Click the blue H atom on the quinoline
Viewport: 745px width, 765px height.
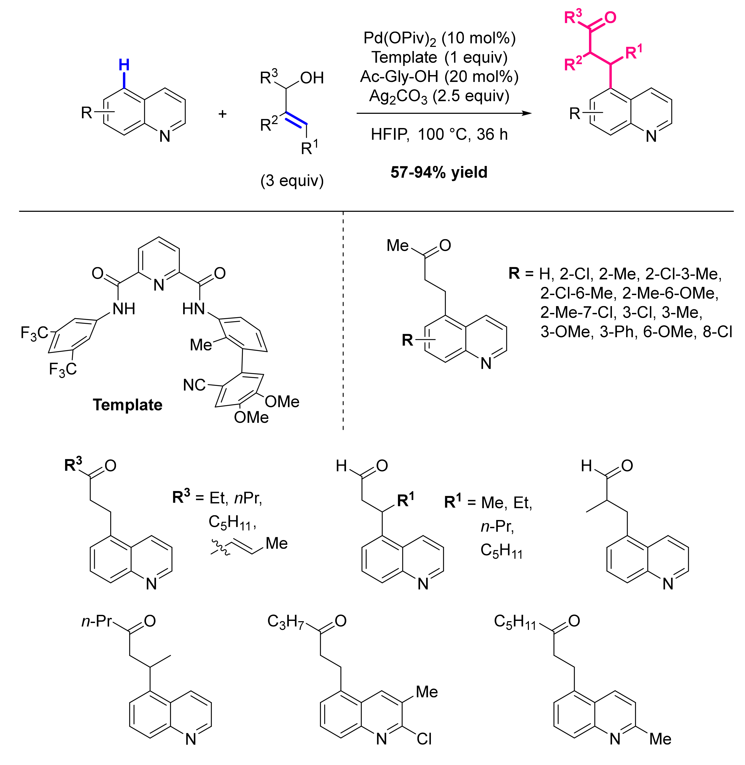(124, 65)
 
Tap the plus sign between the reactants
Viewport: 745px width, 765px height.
(222, 114)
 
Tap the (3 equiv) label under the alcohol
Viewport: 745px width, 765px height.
(292, 181)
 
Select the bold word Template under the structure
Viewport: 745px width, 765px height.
(128, 405)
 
